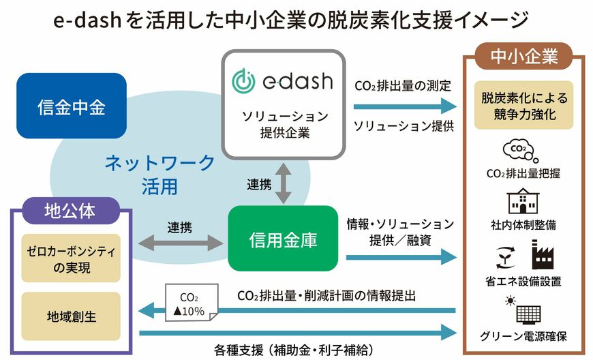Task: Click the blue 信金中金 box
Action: point(72,106)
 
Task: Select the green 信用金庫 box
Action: point(283,239)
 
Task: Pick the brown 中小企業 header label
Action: point(525,55)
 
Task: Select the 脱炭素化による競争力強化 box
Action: point(524,106)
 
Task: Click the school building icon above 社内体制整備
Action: point(524,200)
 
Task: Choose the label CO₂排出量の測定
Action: point(402,87)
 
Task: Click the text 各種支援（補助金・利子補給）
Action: point(294,350)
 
